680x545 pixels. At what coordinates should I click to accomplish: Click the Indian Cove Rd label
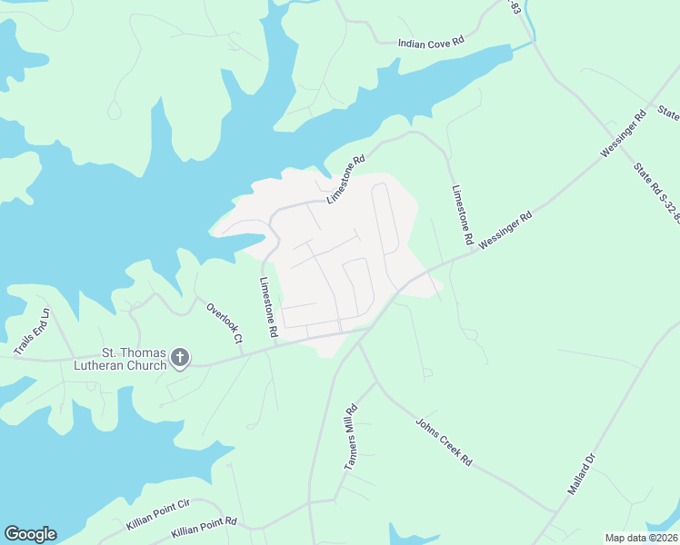[x=431, y=42]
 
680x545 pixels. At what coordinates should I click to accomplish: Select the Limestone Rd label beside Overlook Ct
[x=268, y=308]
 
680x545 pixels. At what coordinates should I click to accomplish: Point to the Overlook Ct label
[x=225, y=322]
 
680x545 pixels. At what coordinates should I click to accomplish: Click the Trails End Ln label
[x=32, y=331]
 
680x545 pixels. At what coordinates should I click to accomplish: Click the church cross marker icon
[x=180, y=358]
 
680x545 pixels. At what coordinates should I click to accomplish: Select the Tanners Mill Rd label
[x=351, y=437]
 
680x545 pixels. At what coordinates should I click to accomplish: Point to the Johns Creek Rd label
[x=445, y=442]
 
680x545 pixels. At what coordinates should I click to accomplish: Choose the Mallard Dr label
[x=581, y=474]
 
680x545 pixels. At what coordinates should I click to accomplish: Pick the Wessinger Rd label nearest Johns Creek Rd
[x=505, y=232]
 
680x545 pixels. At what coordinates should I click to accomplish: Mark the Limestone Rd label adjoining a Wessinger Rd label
[x=463, y=215]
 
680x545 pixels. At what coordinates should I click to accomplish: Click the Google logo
[x=30, y=534]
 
